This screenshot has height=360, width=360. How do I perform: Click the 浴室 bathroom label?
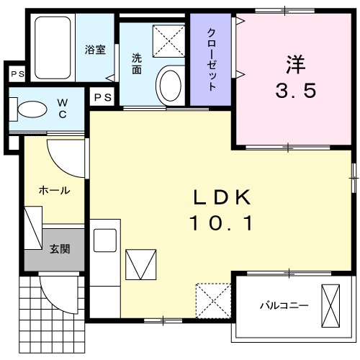click(x=95, y=50)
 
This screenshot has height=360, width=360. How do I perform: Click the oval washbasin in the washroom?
click(x=171, y=84)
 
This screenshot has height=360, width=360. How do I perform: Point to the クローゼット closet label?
click(x=212, y=59)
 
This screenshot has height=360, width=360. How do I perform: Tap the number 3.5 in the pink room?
click(x=295, y=91)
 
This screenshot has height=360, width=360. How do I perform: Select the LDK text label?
click(x=222, y=197)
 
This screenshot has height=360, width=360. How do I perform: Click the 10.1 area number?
click(x=221, y=225)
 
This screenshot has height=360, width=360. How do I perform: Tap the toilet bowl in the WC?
click(x=30, y=109)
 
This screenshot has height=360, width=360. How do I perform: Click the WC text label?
click(x=63, y=109)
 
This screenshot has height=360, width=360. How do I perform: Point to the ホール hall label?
click(x=54, y=191)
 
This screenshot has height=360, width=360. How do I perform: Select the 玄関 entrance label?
click(x=59, y=250)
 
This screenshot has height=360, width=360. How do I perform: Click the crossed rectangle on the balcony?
click(x=333, y=305)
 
